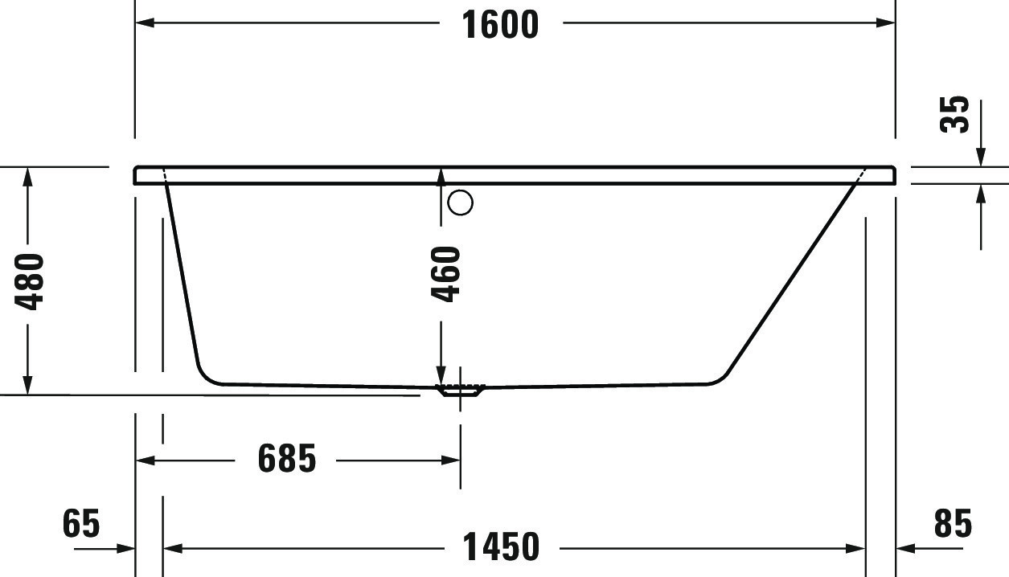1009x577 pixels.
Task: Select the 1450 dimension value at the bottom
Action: [x=501, y=548]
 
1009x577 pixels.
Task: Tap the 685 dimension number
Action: [x=287, y=460]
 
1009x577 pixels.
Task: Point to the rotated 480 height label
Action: [x=31, y=281]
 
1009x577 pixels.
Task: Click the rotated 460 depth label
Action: [x=446, y=274]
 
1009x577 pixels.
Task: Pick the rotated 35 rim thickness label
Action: [x=955, y=114]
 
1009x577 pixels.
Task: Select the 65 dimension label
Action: [x=81, y=524]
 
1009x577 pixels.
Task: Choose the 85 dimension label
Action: [x=954, y=524]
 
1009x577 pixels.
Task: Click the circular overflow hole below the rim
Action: [x=461, y=203]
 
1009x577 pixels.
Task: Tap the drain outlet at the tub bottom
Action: [x=460, y=391]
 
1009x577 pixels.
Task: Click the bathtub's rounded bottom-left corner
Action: [x=205, y=376]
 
